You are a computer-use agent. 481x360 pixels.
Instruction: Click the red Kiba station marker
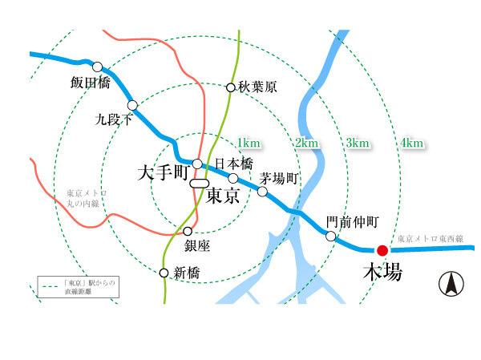tap(382, 250)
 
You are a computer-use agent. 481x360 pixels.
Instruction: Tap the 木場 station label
tap(382, 273)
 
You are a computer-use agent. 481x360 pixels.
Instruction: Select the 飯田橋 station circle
tap(98, 67)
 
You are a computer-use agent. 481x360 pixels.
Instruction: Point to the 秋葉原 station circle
tap(230, 87)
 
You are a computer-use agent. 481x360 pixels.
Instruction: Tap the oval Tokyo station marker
tap(200, 184)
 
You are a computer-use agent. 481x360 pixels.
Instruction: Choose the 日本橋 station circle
tap(233, 178)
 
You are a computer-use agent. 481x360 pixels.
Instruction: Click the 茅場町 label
tap(280, 178)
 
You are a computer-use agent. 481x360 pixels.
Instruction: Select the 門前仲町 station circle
tap(330, 236)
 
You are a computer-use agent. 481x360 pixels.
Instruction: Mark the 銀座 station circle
tap(188, 231)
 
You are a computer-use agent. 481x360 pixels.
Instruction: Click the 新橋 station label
tap(187, 273)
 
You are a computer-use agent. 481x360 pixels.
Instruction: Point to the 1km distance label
tap(249, 143)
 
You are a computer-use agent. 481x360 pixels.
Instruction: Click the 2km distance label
tap(306, 143)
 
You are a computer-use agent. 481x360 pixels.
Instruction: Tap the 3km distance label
tap(358, 143)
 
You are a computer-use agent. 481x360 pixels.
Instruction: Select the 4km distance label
tap(411, 143)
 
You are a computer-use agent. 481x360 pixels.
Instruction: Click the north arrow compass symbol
tap(451, 284)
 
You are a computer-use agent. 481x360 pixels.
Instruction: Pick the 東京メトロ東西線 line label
tap(432, 239)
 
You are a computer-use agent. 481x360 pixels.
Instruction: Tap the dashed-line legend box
tap(78, 287)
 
